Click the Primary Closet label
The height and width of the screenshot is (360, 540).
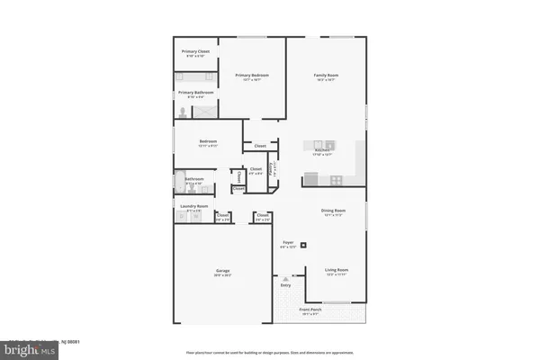click(196, 51)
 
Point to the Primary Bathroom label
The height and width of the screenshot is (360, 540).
click(196, 93)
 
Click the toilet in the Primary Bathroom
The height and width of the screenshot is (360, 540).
click(183, 112)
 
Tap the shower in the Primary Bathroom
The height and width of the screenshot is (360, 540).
click(203, 112)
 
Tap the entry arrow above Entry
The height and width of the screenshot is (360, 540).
click(287, 281)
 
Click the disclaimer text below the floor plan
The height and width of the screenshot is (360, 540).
click(270, 351)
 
